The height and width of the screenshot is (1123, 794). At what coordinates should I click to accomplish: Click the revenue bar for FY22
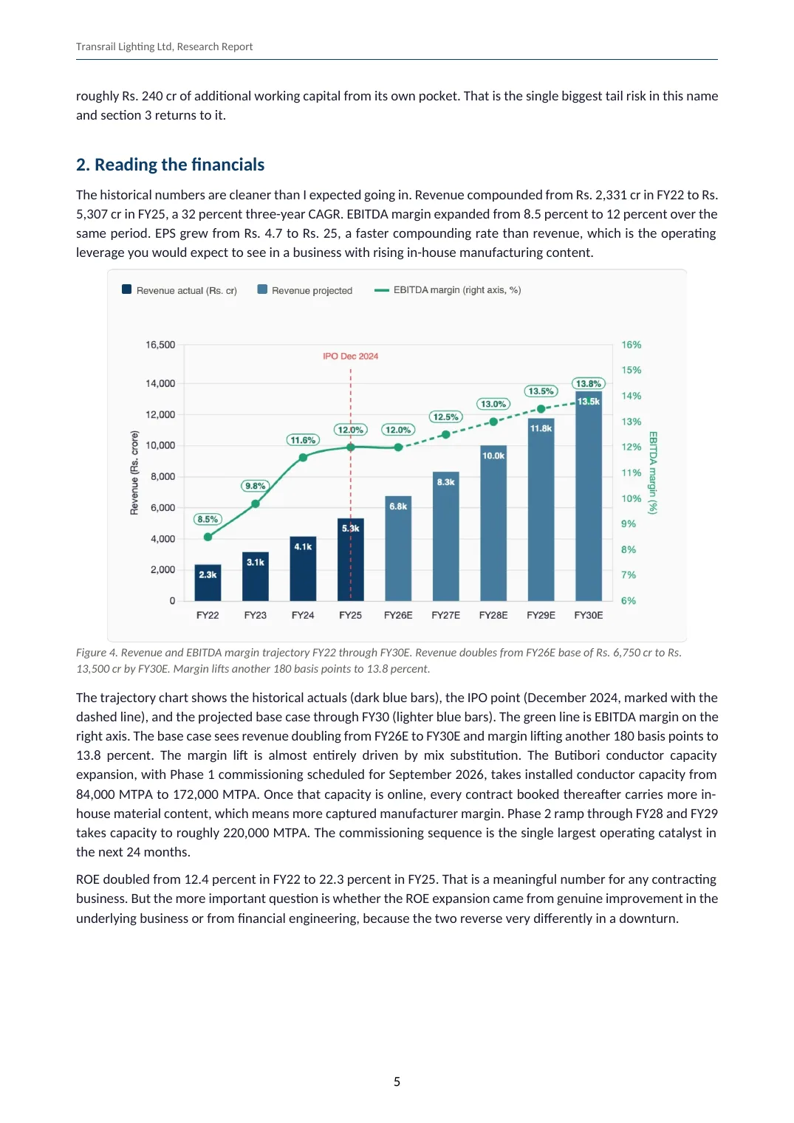(x=208, y=583)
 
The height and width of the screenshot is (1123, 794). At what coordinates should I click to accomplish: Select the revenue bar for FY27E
(x=445, y=536)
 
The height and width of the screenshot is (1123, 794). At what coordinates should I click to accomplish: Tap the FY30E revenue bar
(x=589, y=496)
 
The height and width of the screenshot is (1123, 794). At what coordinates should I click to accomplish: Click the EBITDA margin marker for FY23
(x=256, y=504)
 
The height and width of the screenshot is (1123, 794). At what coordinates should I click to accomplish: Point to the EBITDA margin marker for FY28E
(x=493, y=422)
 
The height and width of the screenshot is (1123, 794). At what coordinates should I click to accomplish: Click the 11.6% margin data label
(x=303, y=440)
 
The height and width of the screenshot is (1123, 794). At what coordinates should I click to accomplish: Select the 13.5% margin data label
(x=541, y=391)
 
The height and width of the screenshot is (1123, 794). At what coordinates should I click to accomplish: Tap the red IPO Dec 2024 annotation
(x=350, y=356)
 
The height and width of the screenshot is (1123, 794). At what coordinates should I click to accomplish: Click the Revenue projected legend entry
(x=305, y=290)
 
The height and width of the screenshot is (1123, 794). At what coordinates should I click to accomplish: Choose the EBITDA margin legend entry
(x=448, y=289)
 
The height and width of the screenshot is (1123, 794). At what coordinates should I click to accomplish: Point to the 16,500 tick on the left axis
(x=160, y=345)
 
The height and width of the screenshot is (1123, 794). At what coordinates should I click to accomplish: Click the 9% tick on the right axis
(x=629, y=524)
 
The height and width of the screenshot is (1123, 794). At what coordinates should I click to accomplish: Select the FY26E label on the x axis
(x=398, y=615)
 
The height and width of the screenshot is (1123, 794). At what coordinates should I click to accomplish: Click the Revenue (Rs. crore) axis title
(x=134, y=473)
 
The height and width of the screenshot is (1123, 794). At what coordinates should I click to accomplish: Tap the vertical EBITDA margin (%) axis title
(x=652, y=473)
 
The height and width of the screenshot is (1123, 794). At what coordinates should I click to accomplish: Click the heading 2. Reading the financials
(x=170, y=165)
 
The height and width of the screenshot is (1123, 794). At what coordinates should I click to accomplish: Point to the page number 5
(x=397, y=1082)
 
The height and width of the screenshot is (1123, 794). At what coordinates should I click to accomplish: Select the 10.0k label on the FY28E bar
(x=493, y=456)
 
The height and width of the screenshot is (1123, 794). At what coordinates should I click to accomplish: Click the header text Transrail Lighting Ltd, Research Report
(x=165, y=47)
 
